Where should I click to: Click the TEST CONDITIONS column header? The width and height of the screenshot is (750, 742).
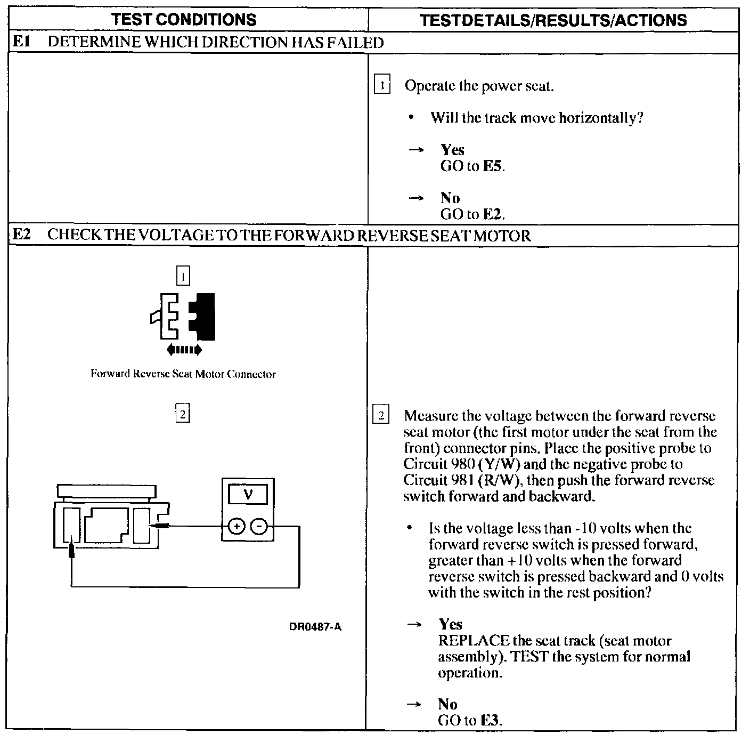pos(184,20)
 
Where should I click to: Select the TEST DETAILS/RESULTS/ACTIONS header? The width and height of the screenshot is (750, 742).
pos(553,20)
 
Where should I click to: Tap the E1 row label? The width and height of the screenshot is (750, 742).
pos(20,42)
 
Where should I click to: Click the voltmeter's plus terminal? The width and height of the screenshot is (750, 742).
pos(236,527)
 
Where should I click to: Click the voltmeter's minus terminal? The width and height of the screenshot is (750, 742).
pos(259,527)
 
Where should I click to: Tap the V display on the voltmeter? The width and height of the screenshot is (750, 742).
pos(248,495)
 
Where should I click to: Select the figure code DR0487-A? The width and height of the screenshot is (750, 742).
pos(315,627)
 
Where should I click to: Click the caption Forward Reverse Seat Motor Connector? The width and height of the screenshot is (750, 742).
pos(183,374)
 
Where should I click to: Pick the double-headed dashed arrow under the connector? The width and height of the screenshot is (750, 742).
pos(184,350)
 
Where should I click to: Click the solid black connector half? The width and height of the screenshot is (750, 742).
pos(205,317)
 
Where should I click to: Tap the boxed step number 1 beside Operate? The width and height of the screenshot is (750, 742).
pos(382,85)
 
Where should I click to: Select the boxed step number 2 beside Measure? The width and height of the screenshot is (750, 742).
pos(381,415)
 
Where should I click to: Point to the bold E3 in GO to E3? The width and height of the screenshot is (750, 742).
pos(491,721)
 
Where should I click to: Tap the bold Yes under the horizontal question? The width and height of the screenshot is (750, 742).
pos(452,150)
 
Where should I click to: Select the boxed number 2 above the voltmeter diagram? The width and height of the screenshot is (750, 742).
pos(182,414)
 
